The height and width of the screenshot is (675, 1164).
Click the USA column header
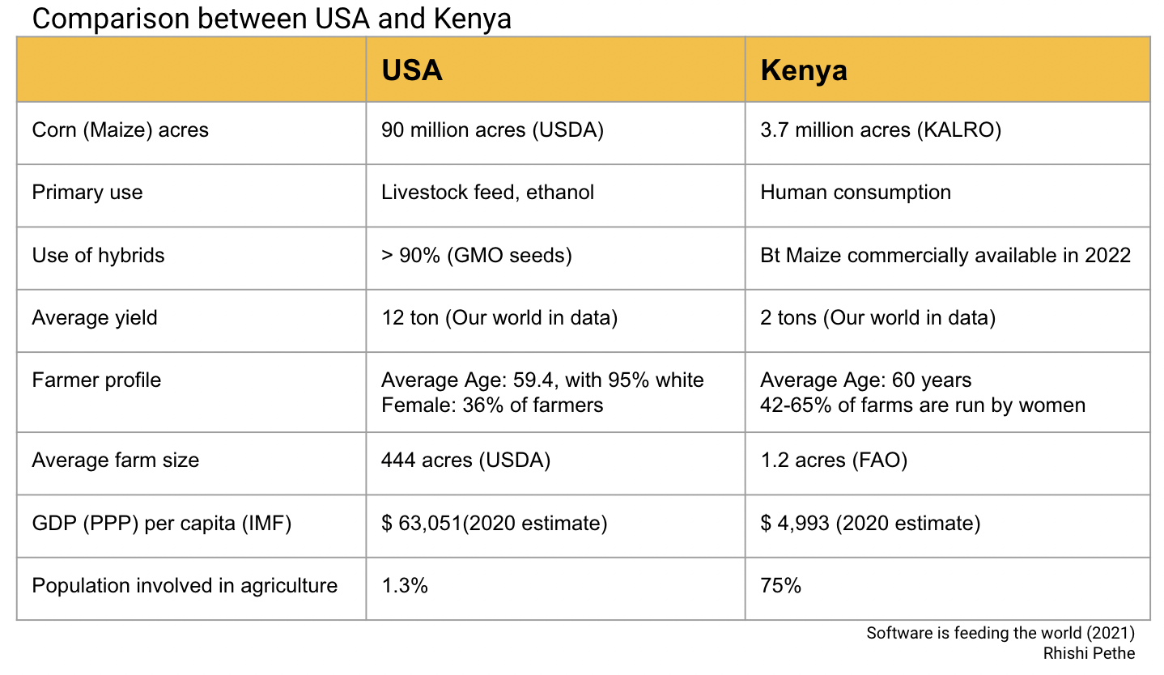click(412, 70)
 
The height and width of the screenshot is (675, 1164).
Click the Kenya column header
click(804, 70)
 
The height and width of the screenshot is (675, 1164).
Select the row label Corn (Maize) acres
click(120, 129)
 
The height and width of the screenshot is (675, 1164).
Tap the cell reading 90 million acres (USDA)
click(492, 129)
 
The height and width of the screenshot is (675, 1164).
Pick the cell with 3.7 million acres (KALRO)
click(881, 129)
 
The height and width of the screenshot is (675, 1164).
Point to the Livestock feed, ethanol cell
click(487, 193)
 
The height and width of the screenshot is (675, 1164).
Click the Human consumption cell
click(856, 193)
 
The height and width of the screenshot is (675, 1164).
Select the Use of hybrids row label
click(98, 256)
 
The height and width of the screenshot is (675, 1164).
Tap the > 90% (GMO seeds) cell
click(477, 256)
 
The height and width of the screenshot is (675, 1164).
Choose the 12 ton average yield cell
click(499, 318)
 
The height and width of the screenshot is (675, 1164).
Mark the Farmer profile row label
click(96, 380)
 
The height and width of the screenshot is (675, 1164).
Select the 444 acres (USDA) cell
click(465, 461)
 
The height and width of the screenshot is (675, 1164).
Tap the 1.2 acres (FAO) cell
click(834, 461)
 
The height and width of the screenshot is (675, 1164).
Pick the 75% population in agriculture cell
click(780, 586)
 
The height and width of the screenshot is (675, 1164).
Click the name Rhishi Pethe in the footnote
click(1090, 653)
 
